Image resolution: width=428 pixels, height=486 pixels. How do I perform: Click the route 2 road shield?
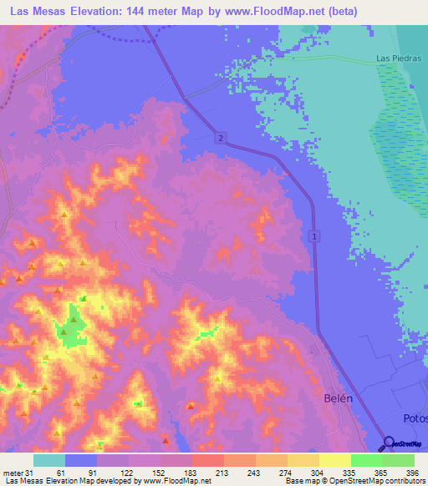tap(220, 137)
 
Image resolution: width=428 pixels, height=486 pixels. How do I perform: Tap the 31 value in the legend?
tap(29, 472)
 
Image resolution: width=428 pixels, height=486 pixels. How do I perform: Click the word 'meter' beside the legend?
tap(13, 472)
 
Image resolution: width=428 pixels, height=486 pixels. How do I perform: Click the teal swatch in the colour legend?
tap(49, 460)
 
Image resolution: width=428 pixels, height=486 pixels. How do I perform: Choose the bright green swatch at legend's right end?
tap(399, 460)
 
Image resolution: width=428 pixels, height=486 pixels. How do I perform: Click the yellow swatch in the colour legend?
tap(334, 460)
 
